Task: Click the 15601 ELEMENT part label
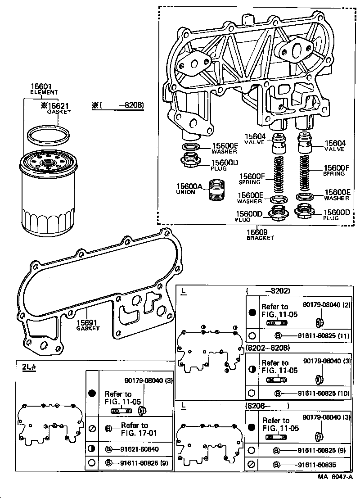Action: tap(44, 89)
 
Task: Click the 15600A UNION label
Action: tap(189, 189)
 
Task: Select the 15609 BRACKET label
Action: tap(260, 235)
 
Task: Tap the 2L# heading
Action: tap(29, 366)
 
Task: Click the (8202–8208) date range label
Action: tap(268, 348)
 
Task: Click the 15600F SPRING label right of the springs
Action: tap(334, 170)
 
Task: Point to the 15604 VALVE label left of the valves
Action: tap(255, 139)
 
